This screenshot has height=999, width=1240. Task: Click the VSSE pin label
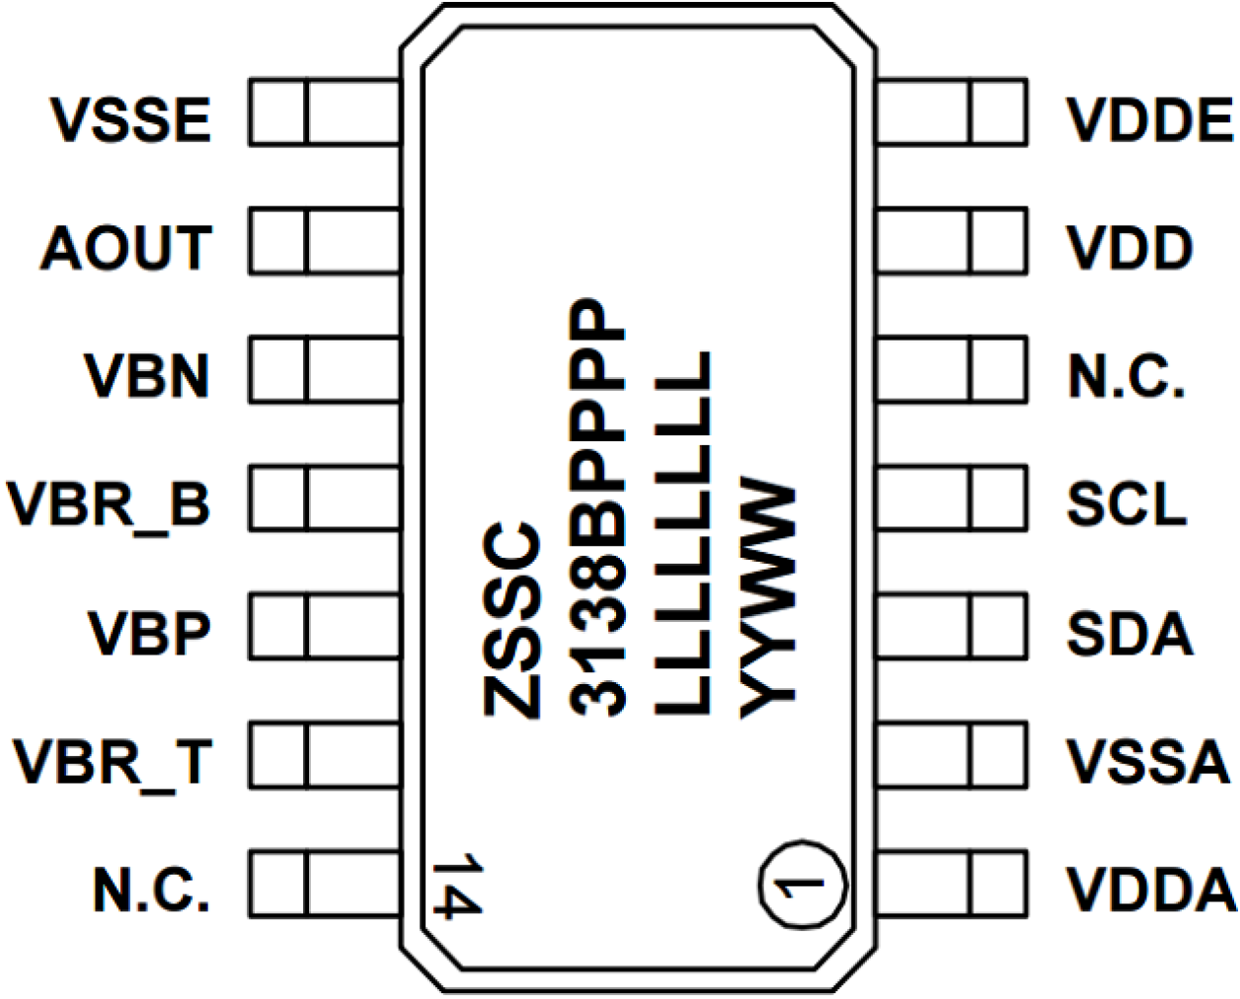(131, 119)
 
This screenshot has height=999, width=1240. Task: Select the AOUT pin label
(126, 248)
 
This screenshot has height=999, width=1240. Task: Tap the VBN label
(147, 376)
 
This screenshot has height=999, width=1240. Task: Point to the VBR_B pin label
(110, 504)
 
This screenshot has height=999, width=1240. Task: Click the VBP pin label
(149, 633)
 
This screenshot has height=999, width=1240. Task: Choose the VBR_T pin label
(113, 761)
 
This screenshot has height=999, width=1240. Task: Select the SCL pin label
(1126, 504)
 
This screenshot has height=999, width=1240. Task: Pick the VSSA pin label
(1148, 761)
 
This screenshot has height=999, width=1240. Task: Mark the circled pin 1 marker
(803, 884)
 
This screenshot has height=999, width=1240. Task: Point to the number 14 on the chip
(457, 885)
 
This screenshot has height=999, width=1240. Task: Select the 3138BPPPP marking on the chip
(598, 506)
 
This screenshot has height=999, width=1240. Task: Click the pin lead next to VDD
(952, 240)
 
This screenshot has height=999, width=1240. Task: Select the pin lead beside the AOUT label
(325, 240)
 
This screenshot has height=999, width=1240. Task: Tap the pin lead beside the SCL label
(952, 499)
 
